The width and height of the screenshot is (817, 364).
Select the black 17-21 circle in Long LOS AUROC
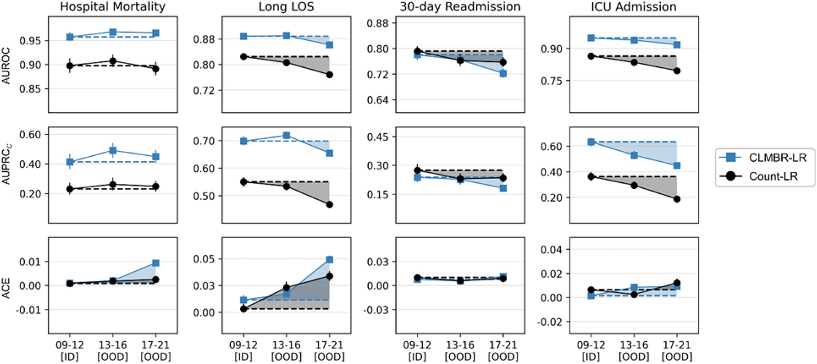(330, 75)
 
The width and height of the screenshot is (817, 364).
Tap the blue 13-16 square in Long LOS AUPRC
(286, 135)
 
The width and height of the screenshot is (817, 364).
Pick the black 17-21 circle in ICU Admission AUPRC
(677, 199)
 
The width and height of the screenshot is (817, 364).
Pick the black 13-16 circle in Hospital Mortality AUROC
(113, 61)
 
